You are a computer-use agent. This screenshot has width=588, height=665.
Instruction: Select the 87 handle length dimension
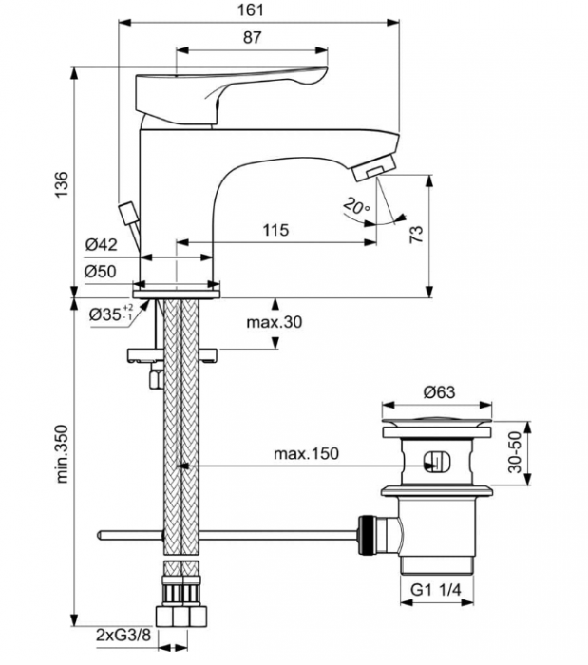[x=253, y=38]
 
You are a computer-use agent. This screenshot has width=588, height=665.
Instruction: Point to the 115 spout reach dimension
[x=275, y=231]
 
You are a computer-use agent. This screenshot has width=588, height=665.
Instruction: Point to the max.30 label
[x=275, y=323]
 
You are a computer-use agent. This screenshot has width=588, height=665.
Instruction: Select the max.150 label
[x=307, y=454]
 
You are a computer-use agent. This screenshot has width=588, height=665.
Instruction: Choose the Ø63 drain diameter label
[x=440, y=391]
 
